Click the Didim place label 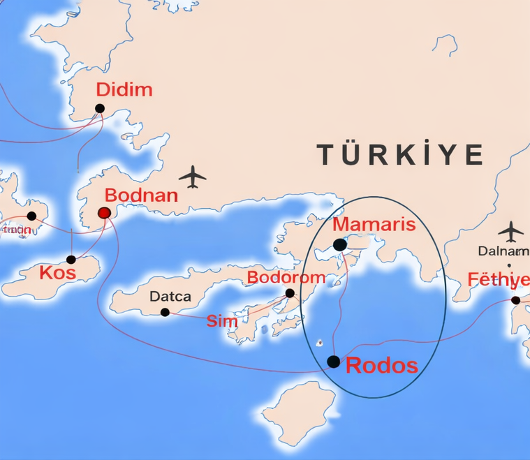[x=124, y=90]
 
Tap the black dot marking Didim [x=100, y=108]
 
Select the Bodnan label [x=141, y=195]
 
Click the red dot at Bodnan [x=105, y=212]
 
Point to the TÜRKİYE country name [x=400, y=154]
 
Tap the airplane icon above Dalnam [x=512, y=230]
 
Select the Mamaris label [x=374, y=225]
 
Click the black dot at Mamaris [x=339, y=245]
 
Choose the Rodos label [x=382, y=365]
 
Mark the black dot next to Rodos [x=334, y=362]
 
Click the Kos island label [x=57, y=272]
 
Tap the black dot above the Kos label [x=71, y=260]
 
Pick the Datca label [x=170, y=297]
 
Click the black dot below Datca [x=165, y=312]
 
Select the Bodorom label [x=286, y=278]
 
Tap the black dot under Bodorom [x=290, y=293]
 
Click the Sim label [x=222, y=321]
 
